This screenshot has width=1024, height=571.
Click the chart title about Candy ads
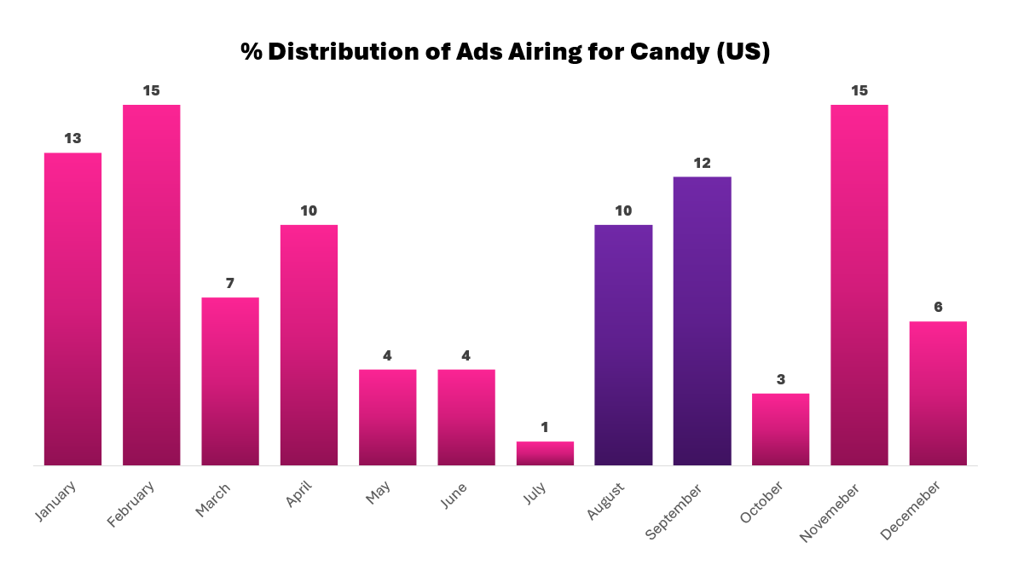click(505, 52)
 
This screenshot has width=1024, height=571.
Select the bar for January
click(73, 309)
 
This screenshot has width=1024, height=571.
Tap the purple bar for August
click(623, 344)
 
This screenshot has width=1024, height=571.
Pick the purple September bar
click(702, 320)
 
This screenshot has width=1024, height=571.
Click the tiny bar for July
click(545, 453)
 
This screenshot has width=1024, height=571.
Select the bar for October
click(780, 429)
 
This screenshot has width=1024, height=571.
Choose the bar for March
click(230, 381)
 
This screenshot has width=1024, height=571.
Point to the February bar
click(152, 285)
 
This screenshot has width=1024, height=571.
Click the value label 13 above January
click(73, 138)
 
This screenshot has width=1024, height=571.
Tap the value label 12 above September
click(702, 163)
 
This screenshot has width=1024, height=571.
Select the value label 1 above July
click(545, 427)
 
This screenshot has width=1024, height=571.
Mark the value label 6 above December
click(938, 307)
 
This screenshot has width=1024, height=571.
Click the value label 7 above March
click(230, 283)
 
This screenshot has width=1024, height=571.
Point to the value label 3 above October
click(780, 379)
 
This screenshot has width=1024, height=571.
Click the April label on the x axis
click(299, 493)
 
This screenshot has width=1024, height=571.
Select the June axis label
click(454, 495)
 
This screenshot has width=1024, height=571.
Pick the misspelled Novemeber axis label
click(830, 510)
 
